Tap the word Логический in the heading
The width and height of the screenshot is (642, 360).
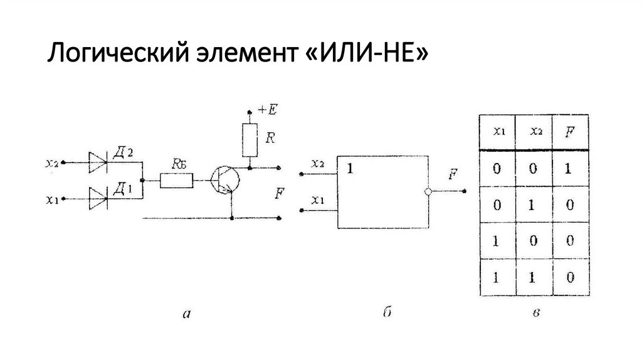118,54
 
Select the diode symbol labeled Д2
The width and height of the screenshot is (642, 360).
98,162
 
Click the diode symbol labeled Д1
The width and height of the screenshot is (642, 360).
98,199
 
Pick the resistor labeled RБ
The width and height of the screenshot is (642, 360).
176,180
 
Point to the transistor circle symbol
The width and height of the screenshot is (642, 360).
225,180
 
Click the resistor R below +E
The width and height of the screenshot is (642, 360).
250,140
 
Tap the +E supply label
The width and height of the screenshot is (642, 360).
268,110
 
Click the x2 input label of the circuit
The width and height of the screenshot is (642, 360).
52,163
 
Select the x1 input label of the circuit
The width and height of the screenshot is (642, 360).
52,199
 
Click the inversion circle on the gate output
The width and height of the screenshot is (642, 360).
428,191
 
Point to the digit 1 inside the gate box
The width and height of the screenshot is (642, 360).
350,168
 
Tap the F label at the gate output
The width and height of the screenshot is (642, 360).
453,174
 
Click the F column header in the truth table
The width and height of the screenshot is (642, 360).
569,132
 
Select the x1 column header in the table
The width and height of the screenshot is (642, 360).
498,131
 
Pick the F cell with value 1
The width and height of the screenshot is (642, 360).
568,168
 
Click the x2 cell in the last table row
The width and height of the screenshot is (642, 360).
532,278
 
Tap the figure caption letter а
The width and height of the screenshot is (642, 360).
187,314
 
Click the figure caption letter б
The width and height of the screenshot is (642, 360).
387,312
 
